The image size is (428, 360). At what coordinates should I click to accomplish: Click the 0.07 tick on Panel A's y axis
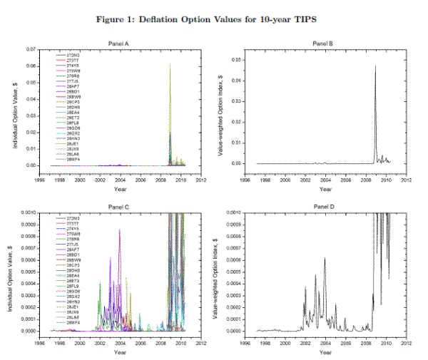coord(30,49)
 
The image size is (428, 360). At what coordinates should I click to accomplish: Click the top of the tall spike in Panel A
coord(170,64)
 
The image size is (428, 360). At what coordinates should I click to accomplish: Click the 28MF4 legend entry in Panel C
coord(74,323)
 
